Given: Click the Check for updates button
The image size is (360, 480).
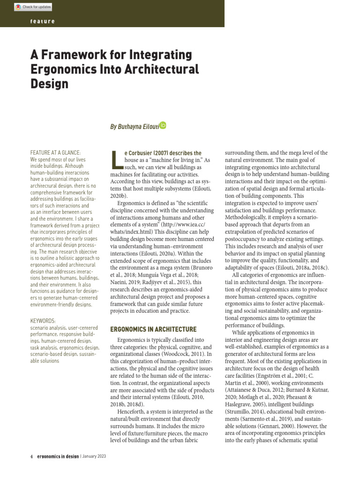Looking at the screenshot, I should (33, 7).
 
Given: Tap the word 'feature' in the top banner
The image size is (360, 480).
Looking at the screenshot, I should (42, 22).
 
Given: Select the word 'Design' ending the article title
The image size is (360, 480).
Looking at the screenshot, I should (49, 84).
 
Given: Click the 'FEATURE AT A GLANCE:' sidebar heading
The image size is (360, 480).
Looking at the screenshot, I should (55, 153).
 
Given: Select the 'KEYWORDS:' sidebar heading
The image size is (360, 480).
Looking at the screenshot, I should (43, 321).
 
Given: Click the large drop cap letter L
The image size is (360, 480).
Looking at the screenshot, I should (116, 159).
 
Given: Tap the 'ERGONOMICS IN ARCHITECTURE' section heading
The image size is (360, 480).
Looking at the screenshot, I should (153, 330).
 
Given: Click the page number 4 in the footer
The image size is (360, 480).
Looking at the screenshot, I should (31, 456).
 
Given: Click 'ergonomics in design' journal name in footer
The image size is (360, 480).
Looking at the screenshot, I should (58, 456).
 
